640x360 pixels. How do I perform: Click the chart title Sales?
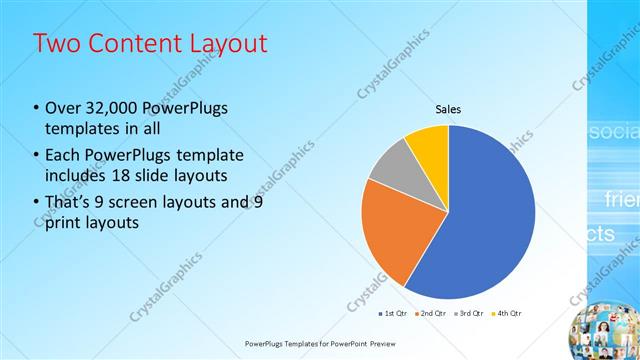click(448, 109)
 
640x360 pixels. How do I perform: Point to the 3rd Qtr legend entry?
click(468, 313)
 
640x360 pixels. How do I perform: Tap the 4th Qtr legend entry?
click(506, 313)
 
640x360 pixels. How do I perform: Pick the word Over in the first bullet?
click(65, 108)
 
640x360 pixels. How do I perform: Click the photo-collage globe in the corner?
click(604, 331)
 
